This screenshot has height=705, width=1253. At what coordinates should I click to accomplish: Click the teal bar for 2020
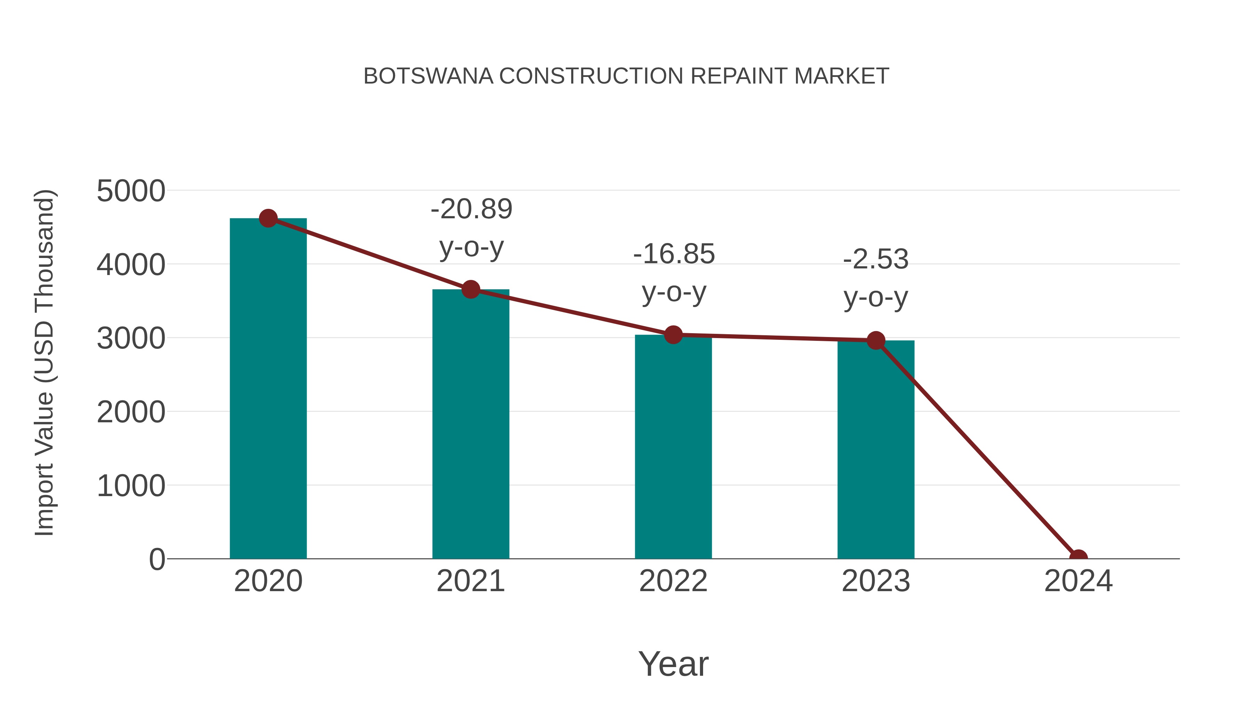click(268, 389)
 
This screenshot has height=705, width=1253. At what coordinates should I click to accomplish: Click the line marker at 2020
click(268, 218)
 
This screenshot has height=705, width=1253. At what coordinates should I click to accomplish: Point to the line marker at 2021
click(470, 290)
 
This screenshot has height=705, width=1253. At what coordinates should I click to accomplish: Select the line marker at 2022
click(673, 335)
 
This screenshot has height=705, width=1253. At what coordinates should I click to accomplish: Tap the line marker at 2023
click(876, 340)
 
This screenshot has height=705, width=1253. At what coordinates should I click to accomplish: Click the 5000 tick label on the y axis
click(131, 191)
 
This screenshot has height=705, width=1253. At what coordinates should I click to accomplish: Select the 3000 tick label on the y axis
click(131, 338)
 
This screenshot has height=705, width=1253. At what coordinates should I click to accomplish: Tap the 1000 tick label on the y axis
click(131, 486)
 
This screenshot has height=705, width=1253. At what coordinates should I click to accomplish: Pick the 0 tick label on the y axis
click(157, 559)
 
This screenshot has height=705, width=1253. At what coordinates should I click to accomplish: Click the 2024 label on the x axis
click(1078, 581)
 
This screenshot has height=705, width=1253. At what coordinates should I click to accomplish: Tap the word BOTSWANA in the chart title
click(428, 76)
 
